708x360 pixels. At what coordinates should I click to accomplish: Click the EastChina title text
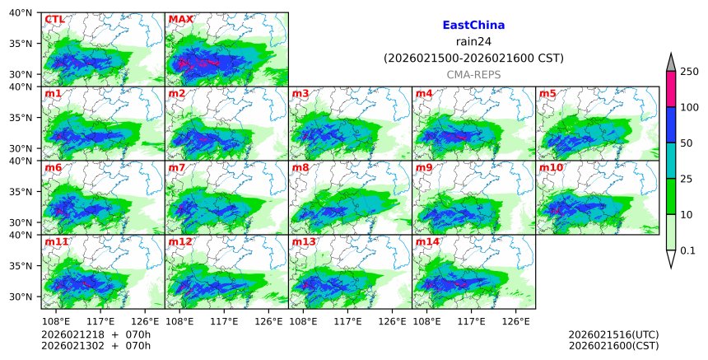pos(473,26)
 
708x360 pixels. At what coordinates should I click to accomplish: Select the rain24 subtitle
pos(473,41)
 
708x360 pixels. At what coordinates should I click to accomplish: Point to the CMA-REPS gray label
pos(473,74)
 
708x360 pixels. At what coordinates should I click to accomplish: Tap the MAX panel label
pos(180,19)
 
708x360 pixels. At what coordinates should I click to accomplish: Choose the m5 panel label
pos(548,93)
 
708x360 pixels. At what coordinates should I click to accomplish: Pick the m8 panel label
pos(301,168)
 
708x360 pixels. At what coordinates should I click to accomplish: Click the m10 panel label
pos(552,168)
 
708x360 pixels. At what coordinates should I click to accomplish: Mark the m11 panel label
pos(57,242)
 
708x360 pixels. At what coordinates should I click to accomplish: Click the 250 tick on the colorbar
pos(689,72)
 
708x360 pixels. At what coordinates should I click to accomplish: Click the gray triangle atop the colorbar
pos(670,63)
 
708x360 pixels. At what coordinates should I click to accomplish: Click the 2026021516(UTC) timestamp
pos(613,334)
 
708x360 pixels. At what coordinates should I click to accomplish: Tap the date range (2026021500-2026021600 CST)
pos(473,58)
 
